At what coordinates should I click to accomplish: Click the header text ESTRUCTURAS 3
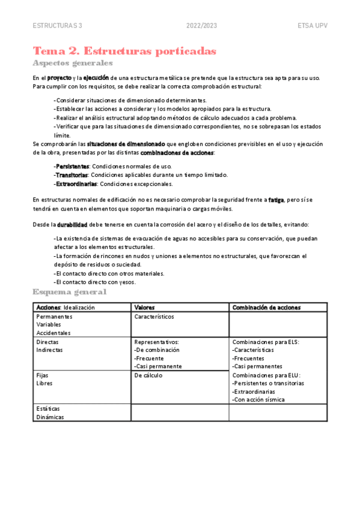(58, 26)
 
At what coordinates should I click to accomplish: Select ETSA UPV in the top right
(312, 26)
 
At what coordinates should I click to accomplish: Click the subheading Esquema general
(70, 292)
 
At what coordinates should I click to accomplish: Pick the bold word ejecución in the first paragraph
(96, 78)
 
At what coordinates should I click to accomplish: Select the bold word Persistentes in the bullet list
(72, 166)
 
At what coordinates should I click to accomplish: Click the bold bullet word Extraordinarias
(75, 184)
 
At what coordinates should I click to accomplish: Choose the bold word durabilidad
(72, 224)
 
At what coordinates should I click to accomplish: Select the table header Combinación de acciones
(266, 307)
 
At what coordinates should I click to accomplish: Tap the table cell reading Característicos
(154, 316)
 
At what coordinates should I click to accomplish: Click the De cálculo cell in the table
(148, 375)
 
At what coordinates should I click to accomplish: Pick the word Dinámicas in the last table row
(50, 417)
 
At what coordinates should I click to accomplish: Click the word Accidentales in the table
(53, 333)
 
